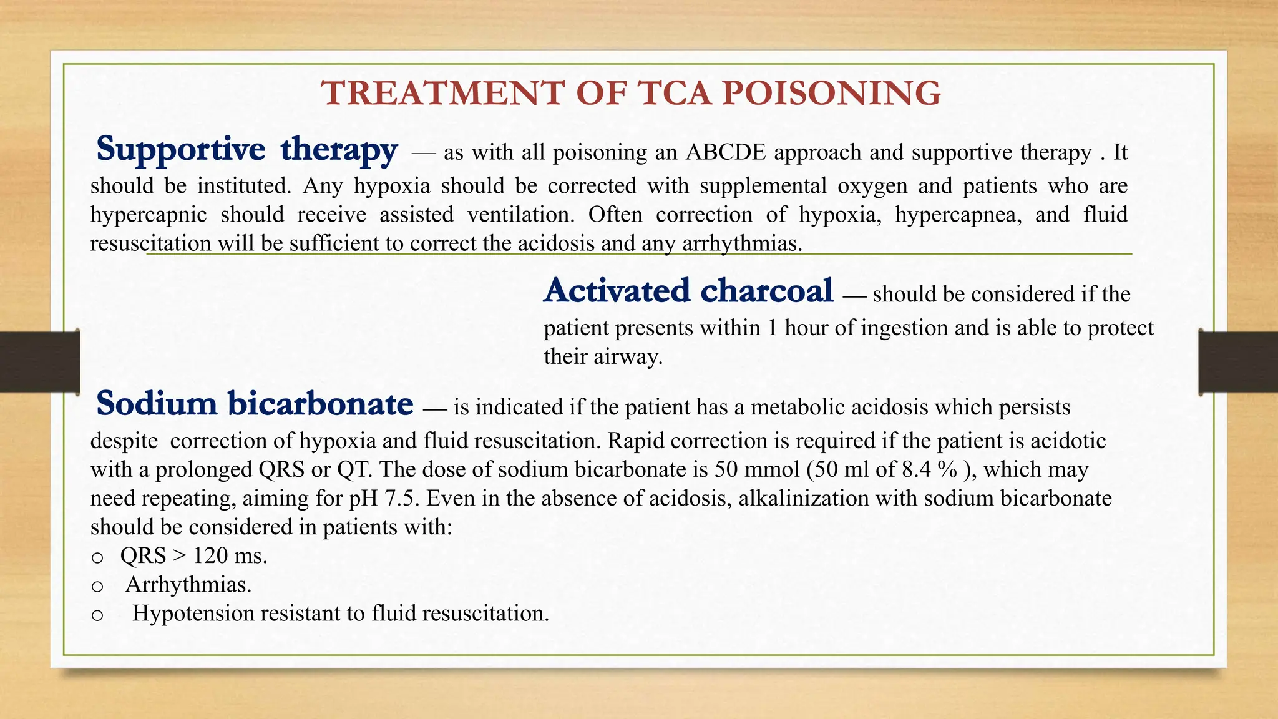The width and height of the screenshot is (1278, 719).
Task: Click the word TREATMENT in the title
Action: (x=443, y=94)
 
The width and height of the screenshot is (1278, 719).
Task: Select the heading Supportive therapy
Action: (x=246, y=150)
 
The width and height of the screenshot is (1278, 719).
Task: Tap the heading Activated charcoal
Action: (x=688, y=291)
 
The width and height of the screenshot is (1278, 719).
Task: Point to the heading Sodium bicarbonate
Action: (x=255, y=404)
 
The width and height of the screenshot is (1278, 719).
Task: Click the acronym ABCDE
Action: (x=725, y=152)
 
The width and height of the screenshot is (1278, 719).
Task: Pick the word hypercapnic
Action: (x=149, y=215)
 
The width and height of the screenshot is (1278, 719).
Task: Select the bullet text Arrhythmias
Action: (x=188, y=585)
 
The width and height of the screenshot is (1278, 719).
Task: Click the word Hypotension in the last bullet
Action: (x=193, y=614)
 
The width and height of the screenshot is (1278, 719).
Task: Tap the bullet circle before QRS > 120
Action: (x=97, y=557)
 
